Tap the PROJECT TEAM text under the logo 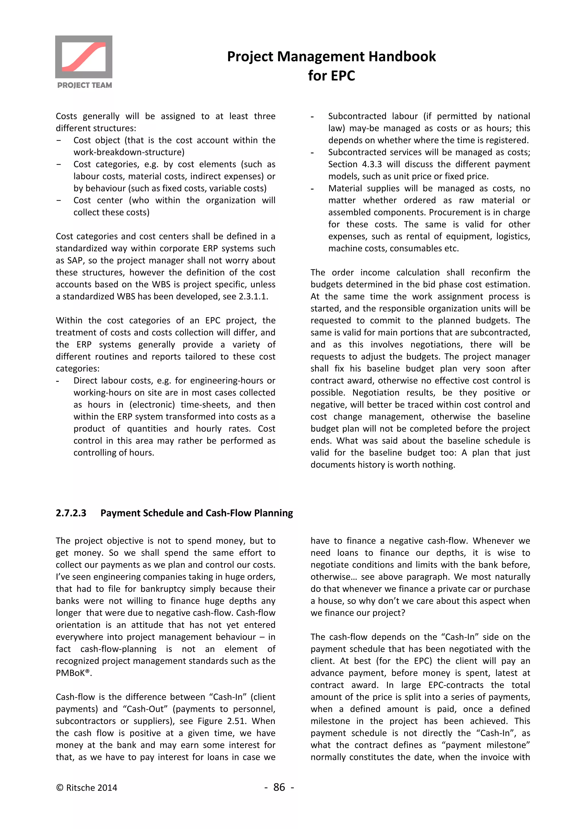(84, 85)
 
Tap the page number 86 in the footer (279, 787)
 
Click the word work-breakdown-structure (128, 152)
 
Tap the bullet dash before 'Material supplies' (312, 189)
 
